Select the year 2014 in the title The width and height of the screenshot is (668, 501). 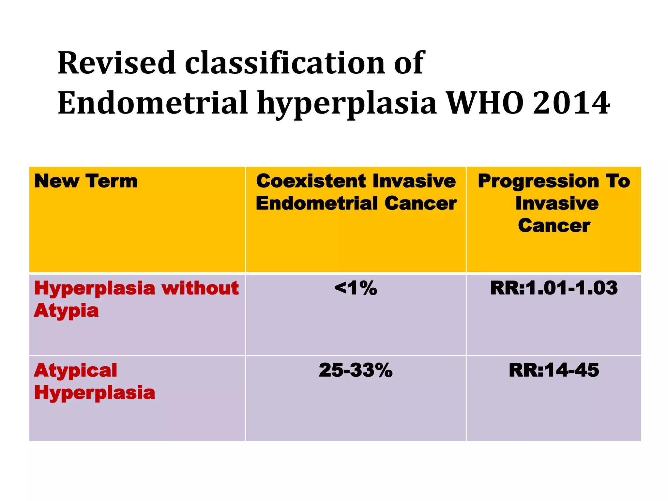(571, 103)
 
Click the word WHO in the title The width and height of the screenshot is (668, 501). (485, 103)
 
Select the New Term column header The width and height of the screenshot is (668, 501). (86, 181)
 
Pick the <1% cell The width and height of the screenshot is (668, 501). (356, 288)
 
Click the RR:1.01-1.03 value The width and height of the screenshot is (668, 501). (554, 288)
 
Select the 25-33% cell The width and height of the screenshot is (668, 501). (356, 371)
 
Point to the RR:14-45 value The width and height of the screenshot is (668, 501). (554, 371)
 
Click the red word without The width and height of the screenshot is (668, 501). (200, 288)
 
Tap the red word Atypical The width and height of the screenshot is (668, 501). (75, 371)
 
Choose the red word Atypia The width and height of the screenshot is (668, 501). (66, 311)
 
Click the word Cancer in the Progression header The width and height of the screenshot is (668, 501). (554, 226)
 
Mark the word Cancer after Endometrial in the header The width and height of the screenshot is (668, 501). (420, 204)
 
